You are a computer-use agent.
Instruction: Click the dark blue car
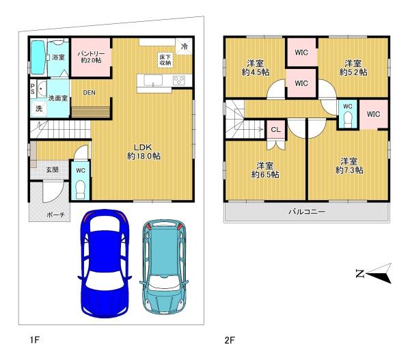click(x=105, y=264)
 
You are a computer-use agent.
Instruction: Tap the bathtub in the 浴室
click(x=38, y=57)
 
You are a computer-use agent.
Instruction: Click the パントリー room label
click(x=92, y=53)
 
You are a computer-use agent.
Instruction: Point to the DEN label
click(x=89, y=92)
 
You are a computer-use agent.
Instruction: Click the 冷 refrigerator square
click(x=184, y=46)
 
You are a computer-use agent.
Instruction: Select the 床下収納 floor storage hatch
click(x=165, y=60)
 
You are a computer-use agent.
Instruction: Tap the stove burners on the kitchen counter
click(x=179, y=80)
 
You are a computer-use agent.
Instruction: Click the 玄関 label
click(x=53, y=169)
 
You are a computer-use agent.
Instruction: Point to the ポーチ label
click(x=56, y=215)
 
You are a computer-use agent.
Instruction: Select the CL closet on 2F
click(x=276, y=129)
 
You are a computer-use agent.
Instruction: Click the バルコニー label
click(x=307, y=212)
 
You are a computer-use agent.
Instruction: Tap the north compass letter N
click(x=360, y=273)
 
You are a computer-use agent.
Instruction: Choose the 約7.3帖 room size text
click(x=349, y=170)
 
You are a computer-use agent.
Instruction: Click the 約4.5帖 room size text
click(x=256, y=72)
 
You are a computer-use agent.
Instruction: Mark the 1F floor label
click(x=35, y=340)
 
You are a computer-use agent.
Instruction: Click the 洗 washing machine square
click(x=39, y=109)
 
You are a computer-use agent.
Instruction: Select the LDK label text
click(x=143, y=147)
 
